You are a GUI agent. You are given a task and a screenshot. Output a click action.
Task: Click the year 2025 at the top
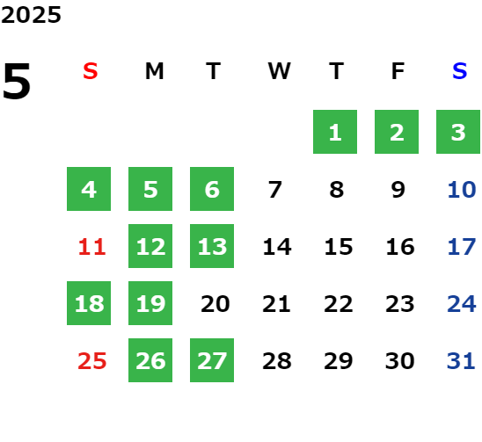pyautogui.click(x=31, y=15)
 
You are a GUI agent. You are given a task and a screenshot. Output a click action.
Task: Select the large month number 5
pyautogui.click(x=17, y=81)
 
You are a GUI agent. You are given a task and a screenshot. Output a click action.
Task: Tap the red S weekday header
pyautogui.click(x=91, y=71)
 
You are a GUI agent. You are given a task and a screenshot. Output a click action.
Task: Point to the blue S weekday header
pyautogui.click(x=459, y=71)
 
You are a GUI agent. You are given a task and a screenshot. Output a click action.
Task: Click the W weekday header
pyautogui.click(x=279, y=71)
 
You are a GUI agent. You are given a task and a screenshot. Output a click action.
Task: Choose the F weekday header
pyautogui.click(x=398, y=71)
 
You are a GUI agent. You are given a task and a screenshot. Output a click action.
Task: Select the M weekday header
pyautogui.click(x=154, y=71)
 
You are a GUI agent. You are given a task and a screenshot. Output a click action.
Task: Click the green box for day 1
pyautogui.click(x=335, y=132)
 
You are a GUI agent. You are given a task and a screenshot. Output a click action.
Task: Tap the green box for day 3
pyautogui.click(x=458, y=132)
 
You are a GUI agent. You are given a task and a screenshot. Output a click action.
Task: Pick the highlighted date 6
pyautogui.click(x=212, y=189)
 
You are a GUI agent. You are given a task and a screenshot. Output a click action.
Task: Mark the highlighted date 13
pyautogui.click(x=212, y=246)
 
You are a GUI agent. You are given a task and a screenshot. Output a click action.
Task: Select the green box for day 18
pyautogui.click(x=89, y=303)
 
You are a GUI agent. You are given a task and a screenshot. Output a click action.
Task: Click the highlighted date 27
pyautogui.click(x=212, y=360)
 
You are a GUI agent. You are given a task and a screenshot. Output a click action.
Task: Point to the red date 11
pyautogui.click(x=91, y=247)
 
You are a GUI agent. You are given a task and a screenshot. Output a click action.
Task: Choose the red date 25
pyautogui.click(x=91, y=361)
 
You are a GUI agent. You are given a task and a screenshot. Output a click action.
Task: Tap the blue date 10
pyautogui.click(x=462, y=190)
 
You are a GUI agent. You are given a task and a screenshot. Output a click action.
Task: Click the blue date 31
pyautogui.click(x=461, y=361)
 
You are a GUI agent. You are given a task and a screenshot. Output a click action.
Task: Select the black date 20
pyautogui.click(x=215, y=304)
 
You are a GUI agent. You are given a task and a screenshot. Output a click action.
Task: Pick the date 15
pyautogui.click(x=339, y=247)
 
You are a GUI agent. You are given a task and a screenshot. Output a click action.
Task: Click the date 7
pyautogui.click(x=274, y=190)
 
